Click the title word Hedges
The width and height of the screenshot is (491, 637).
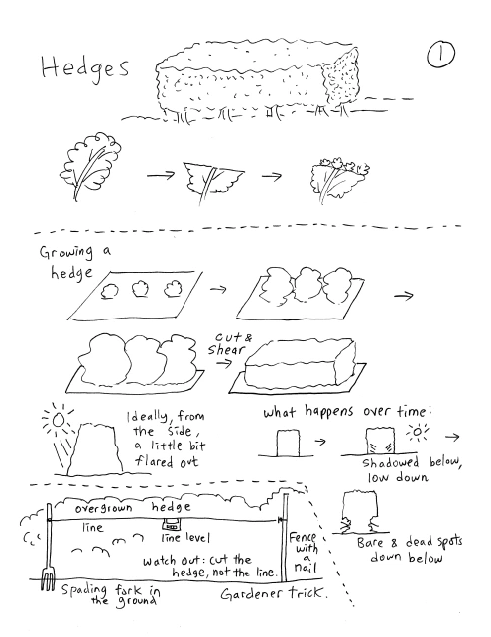coord(85,67)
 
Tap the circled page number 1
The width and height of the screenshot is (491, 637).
coord(440,54)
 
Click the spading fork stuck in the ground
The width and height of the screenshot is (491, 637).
coord(48,548)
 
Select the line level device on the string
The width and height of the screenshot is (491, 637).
coord(171,525)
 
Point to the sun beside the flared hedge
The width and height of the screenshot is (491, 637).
coord(59,420)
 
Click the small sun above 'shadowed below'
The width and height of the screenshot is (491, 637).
coord(417,432)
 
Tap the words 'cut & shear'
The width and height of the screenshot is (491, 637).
coord(229,344)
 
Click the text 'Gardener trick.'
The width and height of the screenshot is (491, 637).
coord(274,594)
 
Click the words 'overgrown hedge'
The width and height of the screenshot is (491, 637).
coord(133,508)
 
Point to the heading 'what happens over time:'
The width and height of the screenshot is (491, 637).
coord(347,412)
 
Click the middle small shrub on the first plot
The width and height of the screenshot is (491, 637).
coord(140,288)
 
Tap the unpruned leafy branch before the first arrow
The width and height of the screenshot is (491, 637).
coord(90,163)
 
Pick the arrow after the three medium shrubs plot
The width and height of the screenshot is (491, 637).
coord(404,296)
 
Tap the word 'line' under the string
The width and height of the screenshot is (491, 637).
coord(92,527)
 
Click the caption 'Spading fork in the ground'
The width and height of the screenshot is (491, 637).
coord(110,594)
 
